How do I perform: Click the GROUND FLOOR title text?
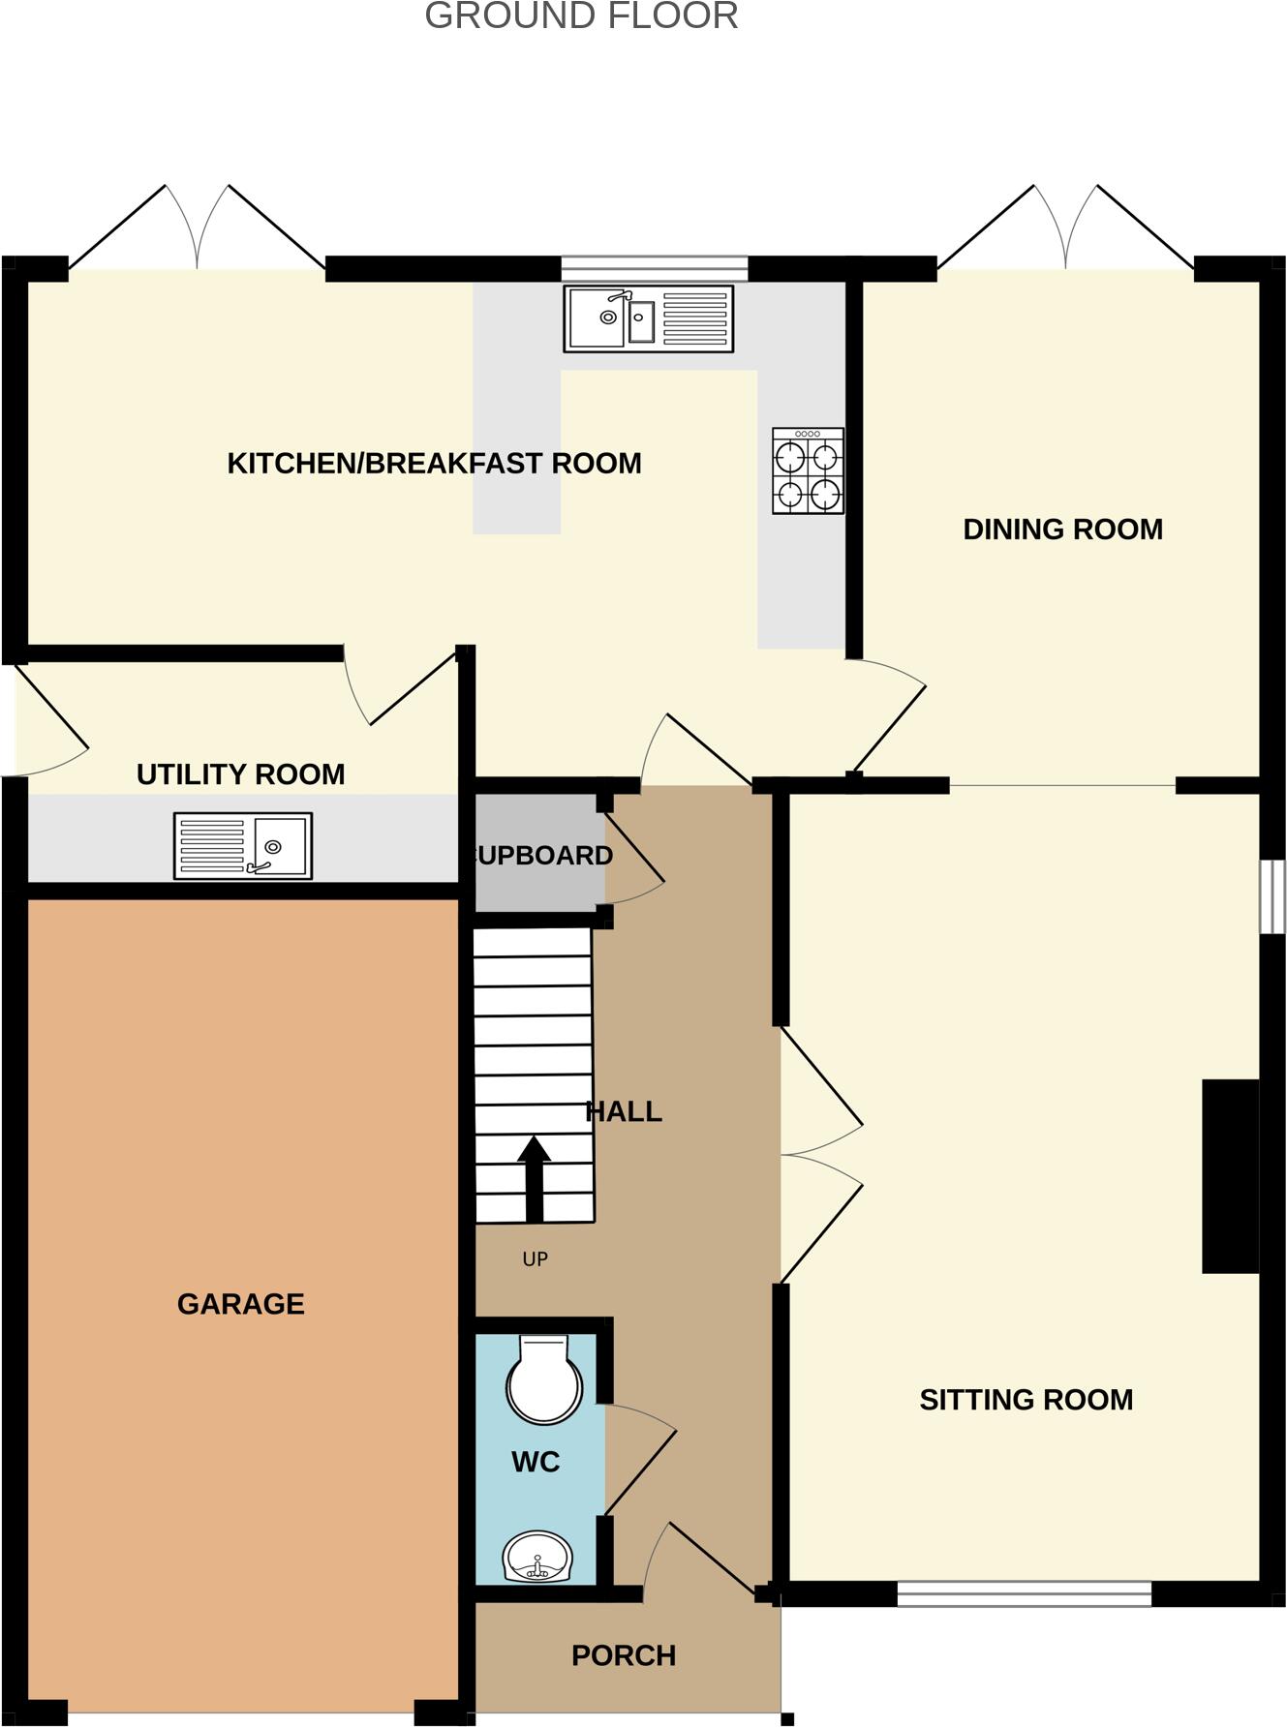pyautogui.click(x=581, y=16)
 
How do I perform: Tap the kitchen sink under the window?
pyautogui.click(x=648, y=318)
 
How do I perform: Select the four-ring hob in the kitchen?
pyautogui.click(x=808, y=470)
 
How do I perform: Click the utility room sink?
pyautogui.click(x=242, y=846)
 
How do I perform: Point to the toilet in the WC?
pyautogui.click(x=544, y=1380)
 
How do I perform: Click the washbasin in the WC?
pyautogui.click(x=537, y=1557)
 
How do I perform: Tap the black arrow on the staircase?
pyautogui.click(x=534, y=1176)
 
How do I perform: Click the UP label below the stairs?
pyautogui.click(x=535, y=1259)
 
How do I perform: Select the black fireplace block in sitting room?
pyautogui.click(x=1230, y=1176)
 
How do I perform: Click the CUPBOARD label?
pyautogui.click(x=542, y=856)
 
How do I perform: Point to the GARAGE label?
pyautogui.click(x=240, y=1304)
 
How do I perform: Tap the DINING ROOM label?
pyautogui.click(x=1062, y=530)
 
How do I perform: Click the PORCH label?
pyautogui.click(x=624, y=1656)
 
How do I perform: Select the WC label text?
pyautogui.click(x=536, y=1462)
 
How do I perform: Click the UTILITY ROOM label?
pyautogui.click(x=240, y=774)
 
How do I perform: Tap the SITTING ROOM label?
pyautogui.click(x=1026, y=1400)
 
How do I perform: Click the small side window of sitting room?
pyautogui.click(x=1272, y=896)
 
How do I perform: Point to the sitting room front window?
pyautogui.click(x=1024, y=1592)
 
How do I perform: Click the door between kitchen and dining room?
pyautogui.click(x=886, y=716)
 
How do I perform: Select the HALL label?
pyautogui.click(x=625, y=1111)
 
